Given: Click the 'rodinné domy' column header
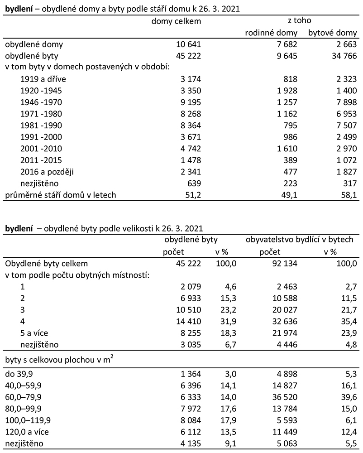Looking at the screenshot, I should (x=271, y=33).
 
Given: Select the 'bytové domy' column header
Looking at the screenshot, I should (x=333, y=33).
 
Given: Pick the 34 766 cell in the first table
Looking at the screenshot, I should (x=342, y=56).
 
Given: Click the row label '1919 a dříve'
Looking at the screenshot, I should (x=40, y=79).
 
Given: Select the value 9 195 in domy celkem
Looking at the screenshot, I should (x=190, y=102).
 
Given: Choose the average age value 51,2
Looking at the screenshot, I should (x=193, y=195).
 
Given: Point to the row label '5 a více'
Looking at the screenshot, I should (x=35, y=333).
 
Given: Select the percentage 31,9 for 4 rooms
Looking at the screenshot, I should (x=229, y=321).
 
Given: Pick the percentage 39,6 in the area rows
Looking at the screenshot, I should (x=350, y=396).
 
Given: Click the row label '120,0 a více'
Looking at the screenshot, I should (x=25, y=431).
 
